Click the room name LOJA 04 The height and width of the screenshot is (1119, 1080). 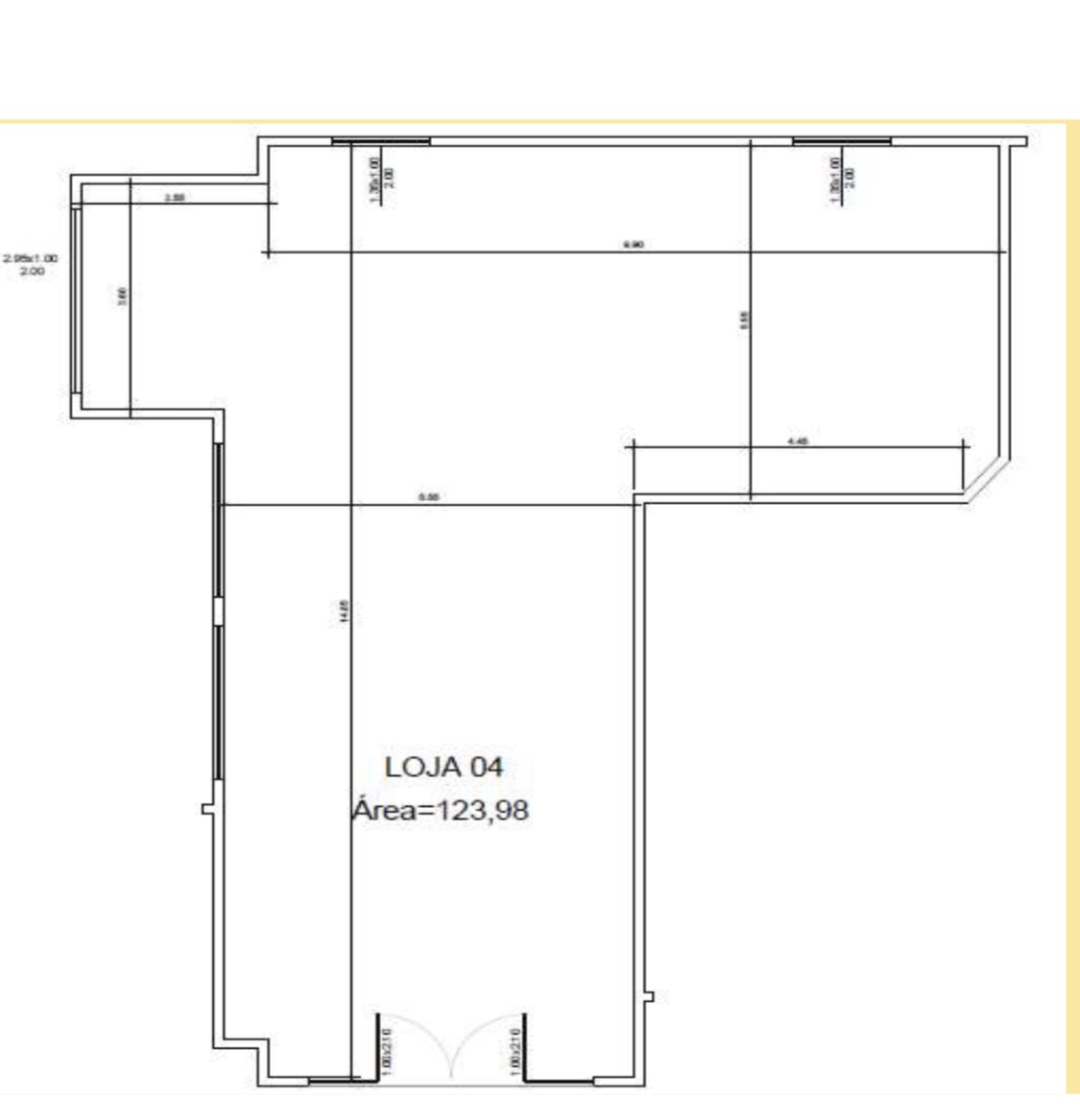click(444, 768)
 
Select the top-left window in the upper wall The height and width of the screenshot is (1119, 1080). click(381, 141)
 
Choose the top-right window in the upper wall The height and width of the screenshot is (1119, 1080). click(841, 141)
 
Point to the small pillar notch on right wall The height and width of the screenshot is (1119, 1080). click(650, 997)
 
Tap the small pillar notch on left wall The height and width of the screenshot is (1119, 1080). click(207, 809)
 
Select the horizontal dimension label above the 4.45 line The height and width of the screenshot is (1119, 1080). click(633, 245)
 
